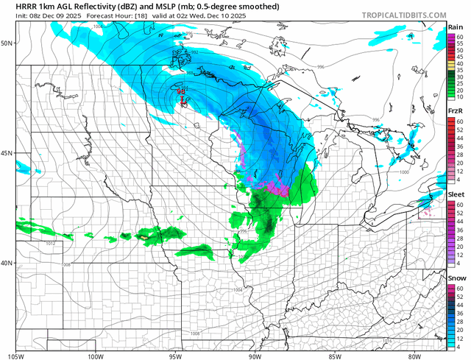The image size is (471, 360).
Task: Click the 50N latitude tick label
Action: (8, 43)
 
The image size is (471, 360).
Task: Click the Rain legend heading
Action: (456, 27)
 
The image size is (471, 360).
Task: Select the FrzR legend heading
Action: (456, 111)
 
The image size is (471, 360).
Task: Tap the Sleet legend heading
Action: (456, 194)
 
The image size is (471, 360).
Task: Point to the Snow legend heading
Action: (456, 278)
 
